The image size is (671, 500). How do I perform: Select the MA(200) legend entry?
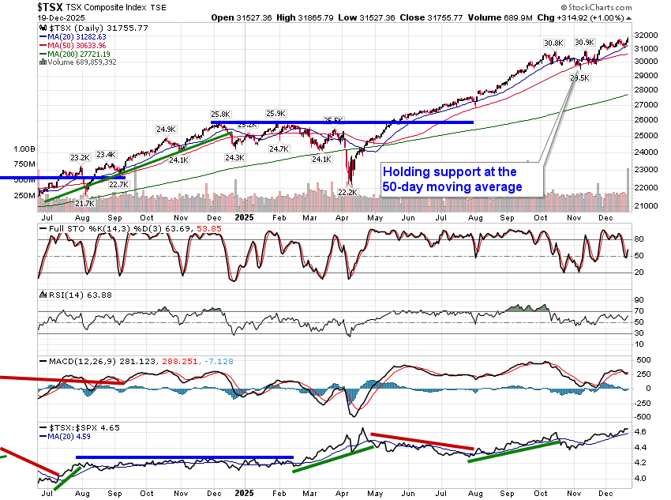(x=82, y=53)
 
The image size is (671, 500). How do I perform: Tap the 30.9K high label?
(x=585, y=42)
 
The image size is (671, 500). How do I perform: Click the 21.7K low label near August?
(x=84, y=203)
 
